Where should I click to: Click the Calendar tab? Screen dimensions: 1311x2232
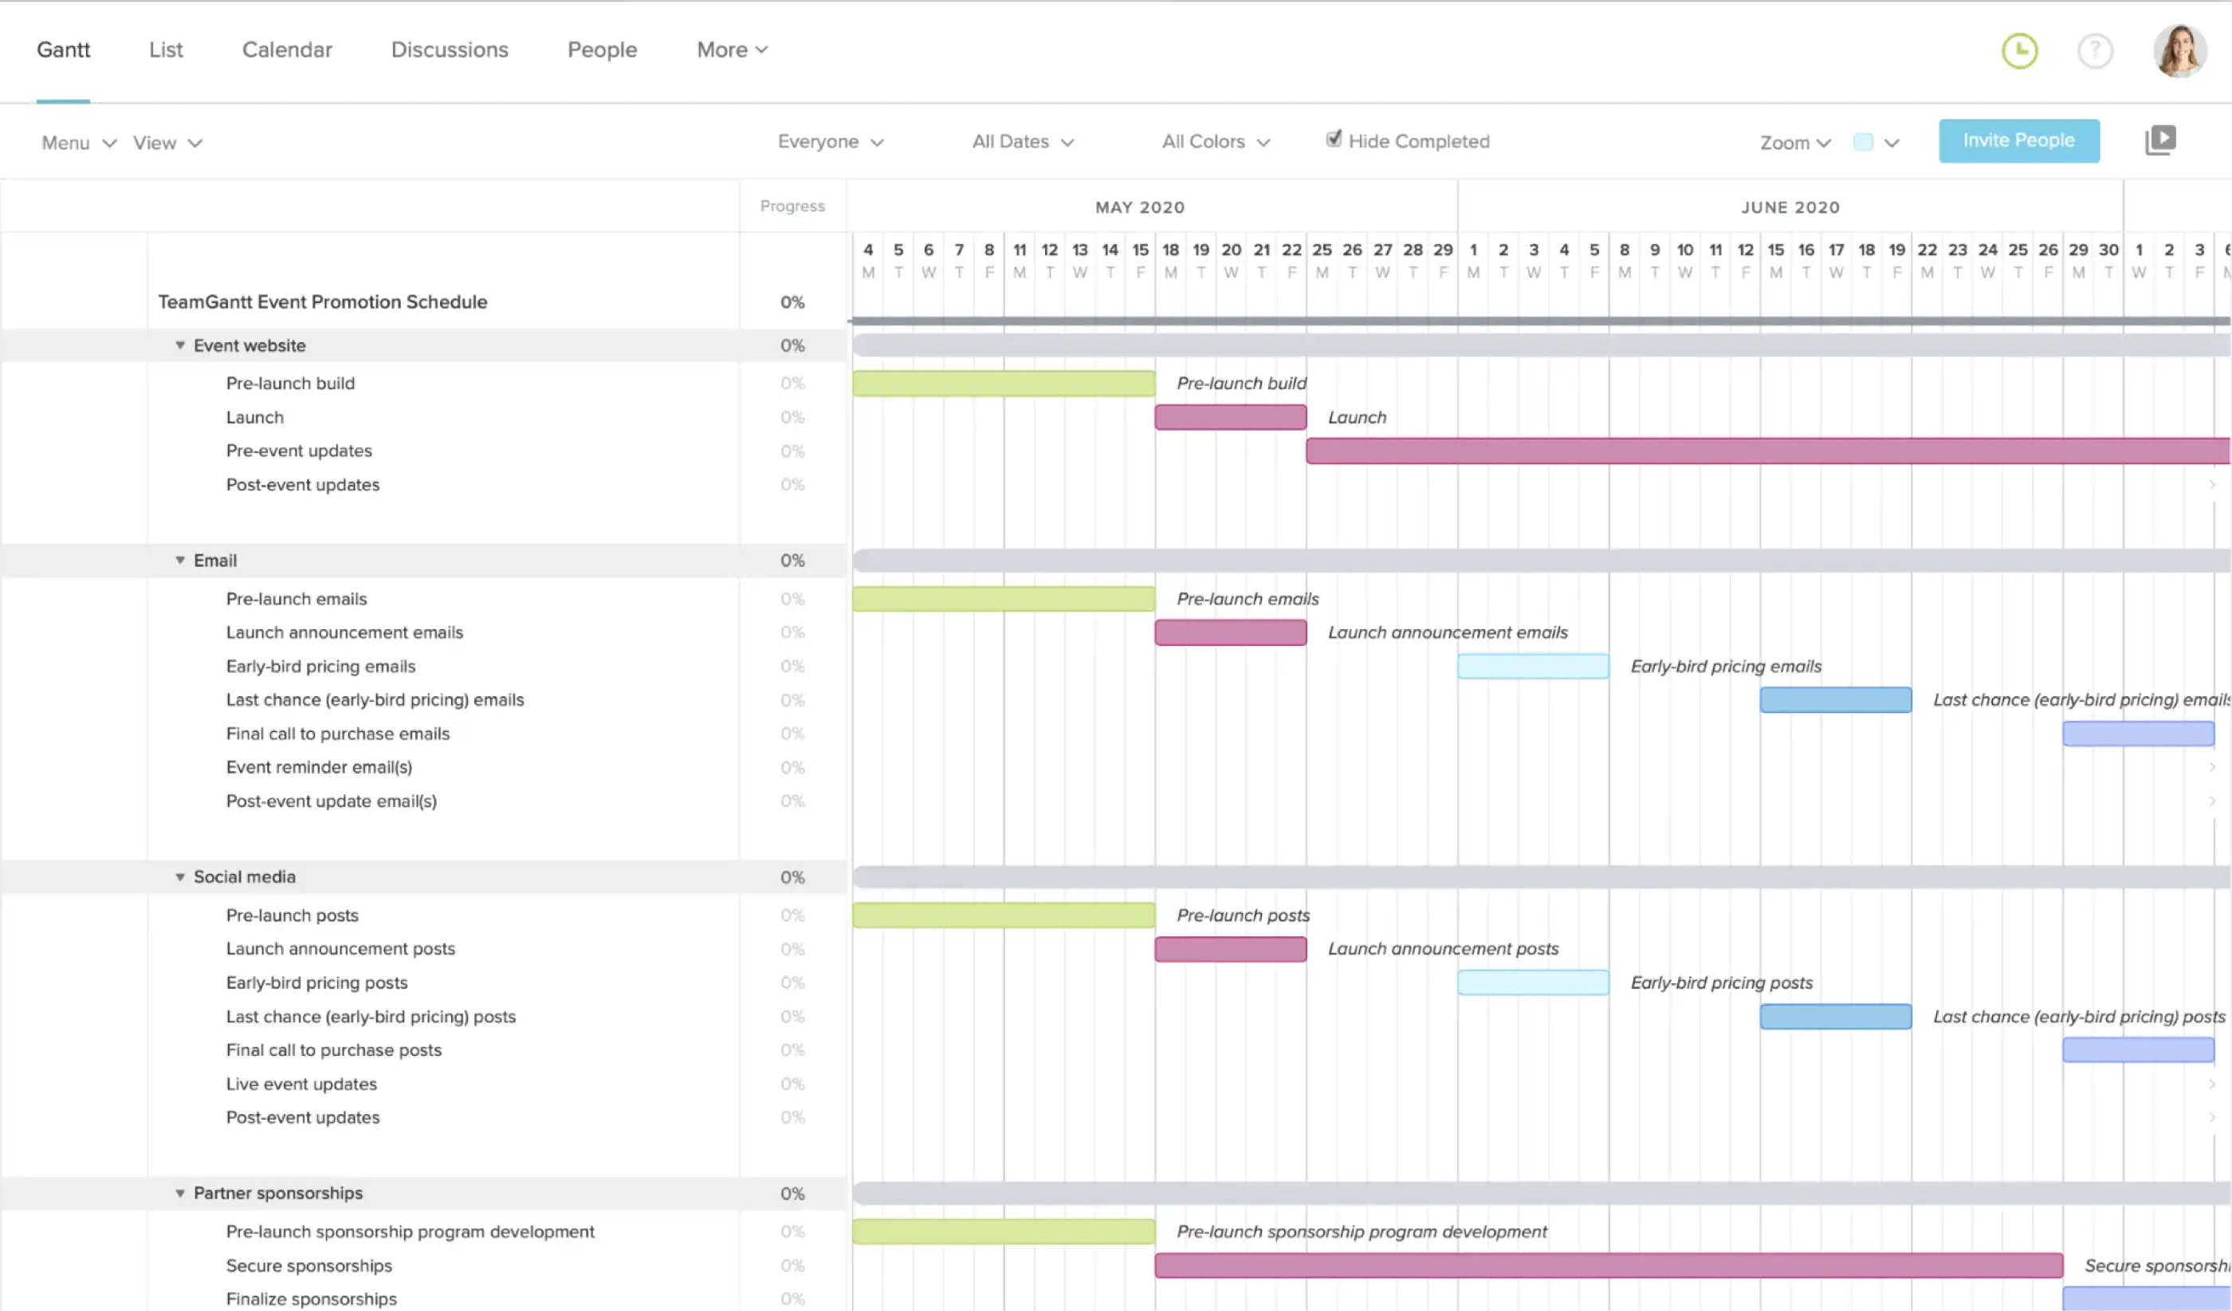pyautogui.click(x=287, y=49)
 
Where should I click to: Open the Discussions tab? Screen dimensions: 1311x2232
pyautogui.click(x=449, y=49)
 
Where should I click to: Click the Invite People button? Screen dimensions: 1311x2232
pyautogui.click(x=2018, y=141)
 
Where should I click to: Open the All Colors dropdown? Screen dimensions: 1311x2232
pyautogui.click(x=1215, y=142)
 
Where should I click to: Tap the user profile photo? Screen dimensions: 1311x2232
pyautogui.click(x=2179, y=50)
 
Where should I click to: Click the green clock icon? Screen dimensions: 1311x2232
pyautogui.click(x=2019, y=50)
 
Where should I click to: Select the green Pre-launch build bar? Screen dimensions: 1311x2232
pyautogui.click(x=1003, y=384)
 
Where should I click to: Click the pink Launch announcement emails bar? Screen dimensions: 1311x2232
pyautogui.click(x=1229, y=632)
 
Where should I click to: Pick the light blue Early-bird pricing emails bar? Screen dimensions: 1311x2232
pyautogui.click(x=1532, y=666)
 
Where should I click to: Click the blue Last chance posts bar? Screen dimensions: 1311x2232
pyautogui.click(x=1834, y=1016)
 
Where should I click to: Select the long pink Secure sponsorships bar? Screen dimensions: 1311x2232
pyautogui.click(x=1608, y=1265)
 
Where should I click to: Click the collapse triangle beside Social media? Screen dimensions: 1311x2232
pyautogui.click(x=180, y=877)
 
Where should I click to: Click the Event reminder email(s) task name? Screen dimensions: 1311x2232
pyautogui.click(x=319, y=767)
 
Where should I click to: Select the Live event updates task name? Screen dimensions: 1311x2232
pyautogui.click(x=301, y=1084)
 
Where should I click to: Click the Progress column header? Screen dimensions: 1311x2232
pyautogui.click(x=792, y=207)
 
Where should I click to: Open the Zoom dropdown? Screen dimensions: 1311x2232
pyautogui.click(x=1794, y=143)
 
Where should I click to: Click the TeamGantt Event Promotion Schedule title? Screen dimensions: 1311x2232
pyautogui.click(x=322, y=302)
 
